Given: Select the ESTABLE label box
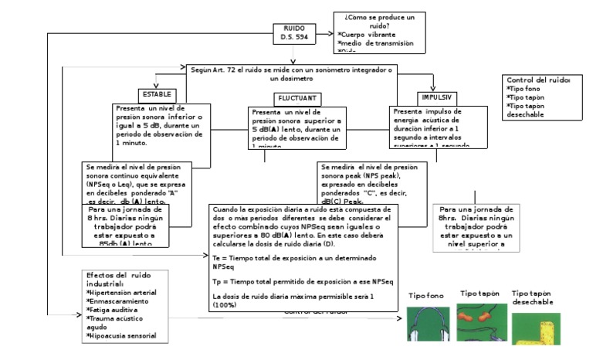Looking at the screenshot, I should click(155, 93).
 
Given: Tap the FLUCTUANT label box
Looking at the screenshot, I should click(296, 98).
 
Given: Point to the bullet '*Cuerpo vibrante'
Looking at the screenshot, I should click(371, 35).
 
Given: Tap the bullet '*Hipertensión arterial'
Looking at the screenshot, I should click(122, 293).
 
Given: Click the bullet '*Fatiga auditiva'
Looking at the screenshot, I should click(113, 310).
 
